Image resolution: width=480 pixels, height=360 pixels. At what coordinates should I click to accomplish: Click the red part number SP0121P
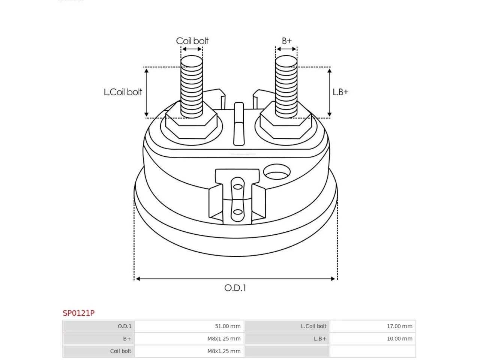78,313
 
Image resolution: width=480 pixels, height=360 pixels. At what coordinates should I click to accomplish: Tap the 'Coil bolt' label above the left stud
192,41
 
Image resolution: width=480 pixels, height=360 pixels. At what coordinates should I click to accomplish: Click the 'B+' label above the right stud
286,41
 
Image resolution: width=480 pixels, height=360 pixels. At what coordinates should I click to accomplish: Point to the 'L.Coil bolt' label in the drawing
123,92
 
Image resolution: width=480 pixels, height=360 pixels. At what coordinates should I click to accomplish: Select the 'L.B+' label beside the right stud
340,92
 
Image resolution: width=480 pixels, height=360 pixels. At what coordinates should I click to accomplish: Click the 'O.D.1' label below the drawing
235,288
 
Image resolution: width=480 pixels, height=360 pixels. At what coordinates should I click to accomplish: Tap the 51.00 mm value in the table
228,326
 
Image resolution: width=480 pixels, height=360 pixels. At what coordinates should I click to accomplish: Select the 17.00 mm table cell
399,326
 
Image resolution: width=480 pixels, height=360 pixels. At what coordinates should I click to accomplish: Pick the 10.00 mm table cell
399,339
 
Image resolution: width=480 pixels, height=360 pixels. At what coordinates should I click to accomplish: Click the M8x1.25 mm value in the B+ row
224,339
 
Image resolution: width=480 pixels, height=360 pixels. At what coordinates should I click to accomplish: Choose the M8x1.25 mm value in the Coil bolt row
224,351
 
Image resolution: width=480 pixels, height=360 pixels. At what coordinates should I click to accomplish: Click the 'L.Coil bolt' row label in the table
313,326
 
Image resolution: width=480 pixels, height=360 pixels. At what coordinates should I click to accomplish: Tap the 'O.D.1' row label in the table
124,326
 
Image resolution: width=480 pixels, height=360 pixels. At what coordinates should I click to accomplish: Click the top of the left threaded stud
192,61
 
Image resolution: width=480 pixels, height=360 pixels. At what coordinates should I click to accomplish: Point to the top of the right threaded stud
286,61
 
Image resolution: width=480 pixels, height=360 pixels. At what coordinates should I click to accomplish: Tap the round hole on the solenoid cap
277,172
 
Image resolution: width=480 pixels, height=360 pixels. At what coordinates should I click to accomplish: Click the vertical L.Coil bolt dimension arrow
147,93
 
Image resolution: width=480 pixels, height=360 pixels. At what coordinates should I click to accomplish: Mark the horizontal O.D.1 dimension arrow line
235,279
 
